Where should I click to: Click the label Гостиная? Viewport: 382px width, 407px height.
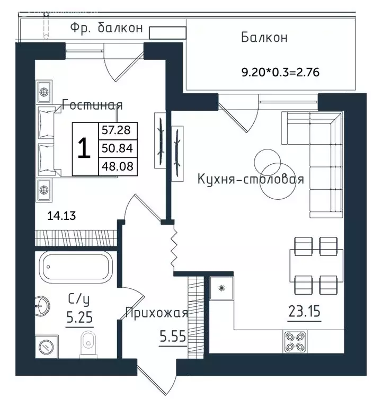(x=92, y=105)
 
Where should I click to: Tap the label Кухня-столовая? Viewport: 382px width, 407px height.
(x=251, y=179)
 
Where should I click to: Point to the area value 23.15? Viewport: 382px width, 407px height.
(x=304, y=311)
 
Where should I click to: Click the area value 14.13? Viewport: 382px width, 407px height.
(x=61, y=216)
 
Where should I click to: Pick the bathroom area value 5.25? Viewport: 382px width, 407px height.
(x=79, y=317)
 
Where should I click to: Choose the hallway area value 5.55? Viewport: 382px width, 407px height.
(x=173, y=337)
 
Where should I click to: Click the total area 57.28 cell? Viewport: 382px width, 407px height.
(x=118, y=130)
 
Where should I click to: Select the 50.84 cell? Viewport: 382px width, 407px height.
(x=118, y=148)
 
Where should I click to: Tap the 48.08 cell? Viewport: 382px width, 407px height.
(x=118, y=166)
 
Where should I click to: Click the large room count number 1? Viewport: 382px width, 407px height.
(x=84, y=148)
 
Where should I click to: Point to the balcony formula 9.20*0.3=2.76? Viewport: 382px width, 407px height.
(x=280, y=72)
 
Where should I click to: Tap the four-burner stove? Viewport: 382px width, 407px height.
(x=295, y=342)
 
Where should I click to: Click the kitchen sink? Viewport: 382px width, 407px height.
(x=221, y=288)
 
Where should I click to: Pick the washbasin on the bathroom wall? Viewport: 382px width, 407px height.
(x=41, y=306)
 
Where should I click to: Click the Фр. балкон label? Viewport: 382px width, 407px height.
(x=106, y=28)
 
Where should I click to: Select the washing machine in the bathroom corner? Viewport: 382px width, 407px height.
(x=47, y=347)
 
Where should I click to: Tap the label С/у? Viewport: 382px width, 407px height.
(x=79, y=300)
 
